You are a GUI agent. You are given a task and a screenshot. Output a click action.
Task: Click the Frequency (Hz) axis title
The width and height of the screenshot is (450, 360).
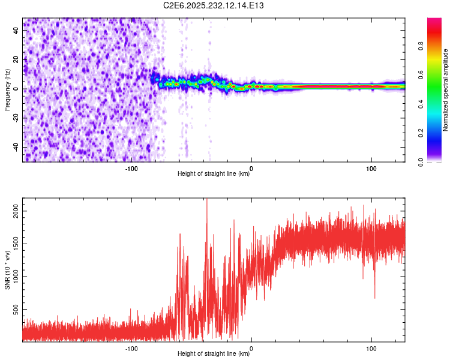(7, 90)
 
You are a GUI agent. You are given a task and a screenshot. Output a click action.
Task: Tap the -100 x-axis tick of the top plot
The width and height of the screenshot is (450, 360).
(131, 169)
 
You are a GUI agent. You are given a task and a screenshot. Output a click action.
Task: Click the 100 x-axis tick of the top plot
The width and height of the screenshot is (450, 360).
(371, 169)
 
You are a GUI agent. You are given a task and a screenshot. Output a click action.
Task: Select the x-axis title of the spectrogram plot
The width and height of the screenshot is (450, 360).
(214, 175)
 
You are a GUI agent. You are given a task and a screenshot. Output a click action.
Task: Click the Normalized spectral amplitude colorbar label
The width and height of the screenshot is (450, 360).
(445, 90)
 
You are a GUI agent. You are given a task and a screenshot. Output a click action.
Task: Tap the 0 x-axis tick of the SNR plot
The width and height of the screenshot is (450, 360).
(251, 349)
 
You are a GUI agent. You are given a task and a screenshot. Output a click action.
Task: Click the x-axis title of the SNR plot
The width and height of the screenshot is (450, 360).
(214, 355)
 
